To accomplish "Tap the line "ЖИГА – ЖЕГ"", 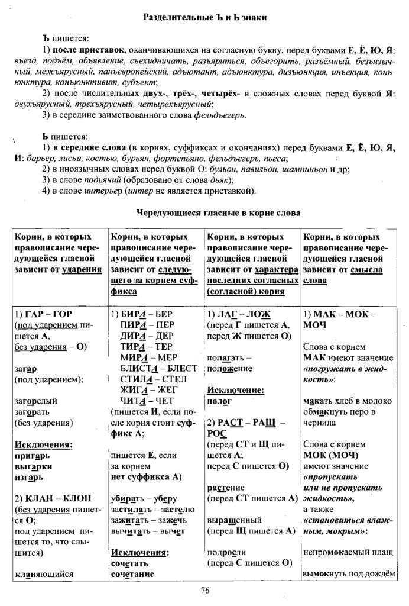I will click(145, 389).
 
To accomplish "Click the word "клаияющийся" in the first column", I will click(44, 573).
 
